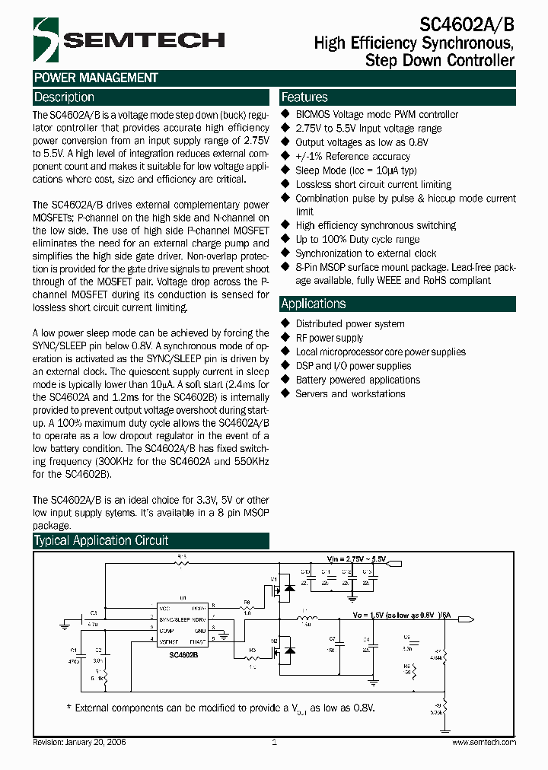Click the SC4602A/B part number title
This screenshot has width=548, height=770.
coord(468,24)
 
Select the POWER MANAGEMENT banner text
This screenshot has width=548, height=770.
coord(96,78)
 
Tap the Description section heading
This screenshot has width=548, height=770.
coord(65,97)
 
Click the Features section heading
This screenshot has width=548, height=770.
coord(304,97)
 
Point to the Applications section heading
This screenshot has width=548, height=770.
coord(313,304)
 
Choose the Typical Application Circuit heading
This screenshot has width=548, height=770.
coord(101,541)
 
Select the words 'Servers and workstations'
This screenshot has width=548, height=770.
coord(350,393)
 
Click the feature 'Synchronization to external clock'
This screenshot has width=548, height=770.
coord(366,253)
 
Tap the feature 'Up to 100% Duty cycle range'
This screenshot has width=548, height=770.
coord(358,239)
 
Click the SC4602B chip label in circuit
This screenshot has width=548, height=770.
coord(184,654)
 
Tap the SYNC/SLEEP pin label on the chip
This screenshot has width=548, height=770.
coord(175,619)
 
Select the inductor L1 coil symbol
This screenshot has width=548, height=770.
coord(309,616)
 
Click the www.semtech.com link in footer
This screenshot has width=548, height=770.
coord(484,742)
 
